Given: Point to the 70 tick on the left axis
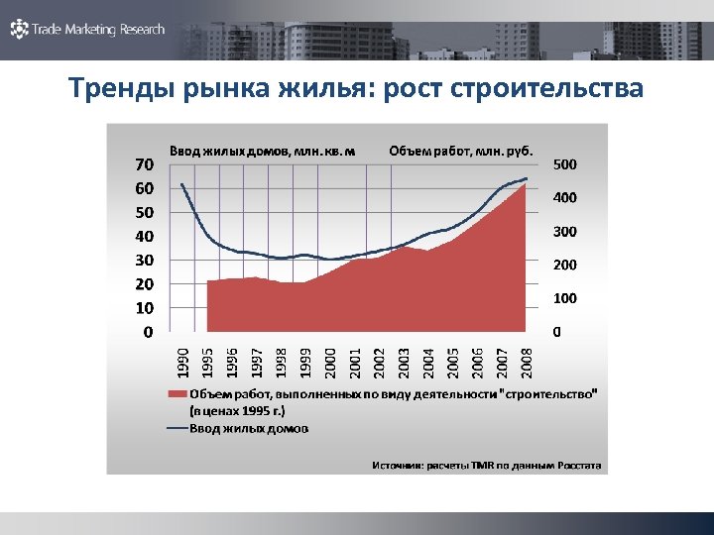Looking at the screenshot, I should (145, 163).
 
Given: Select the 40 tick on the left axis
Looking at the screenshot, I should (145, 236).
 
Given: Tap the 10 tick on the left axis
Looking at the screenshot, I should (145, 308).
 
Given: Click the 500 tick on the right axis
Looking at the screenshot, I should (565, 163).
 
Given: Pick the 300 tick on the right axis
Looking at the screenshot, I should (565, 231).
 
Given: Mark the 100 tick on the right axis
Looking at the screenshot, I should (565, 298).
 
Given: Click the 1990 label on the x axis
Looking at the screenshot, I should (182, 361).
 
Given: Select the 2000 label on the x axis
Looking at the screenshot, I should (330, 361).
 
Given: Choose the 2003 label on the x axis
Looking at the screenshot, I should (404, 361).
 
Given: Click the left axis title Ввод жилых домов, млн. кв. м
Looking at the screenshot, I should (262, 151).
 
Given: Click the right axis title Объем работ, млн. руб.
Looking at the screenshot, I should (461, 151).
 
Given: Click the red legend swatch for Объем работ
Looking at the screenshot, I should (177, 394).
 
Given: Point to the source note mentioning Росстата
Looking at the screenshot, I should (486, 464).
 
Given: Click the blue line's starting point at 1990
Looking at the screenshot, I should (182, 184).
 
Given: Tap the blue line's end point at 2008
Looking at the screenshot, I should (527, 178).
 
